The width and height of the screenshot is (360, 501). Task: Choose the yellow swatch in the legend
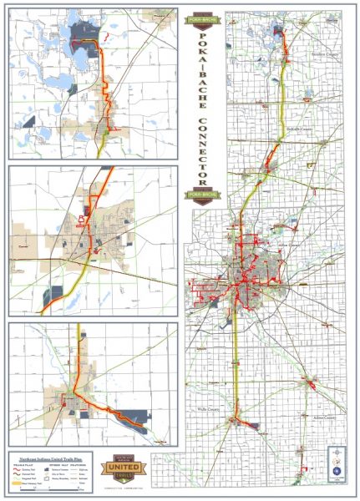click(x=19, y=483)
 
